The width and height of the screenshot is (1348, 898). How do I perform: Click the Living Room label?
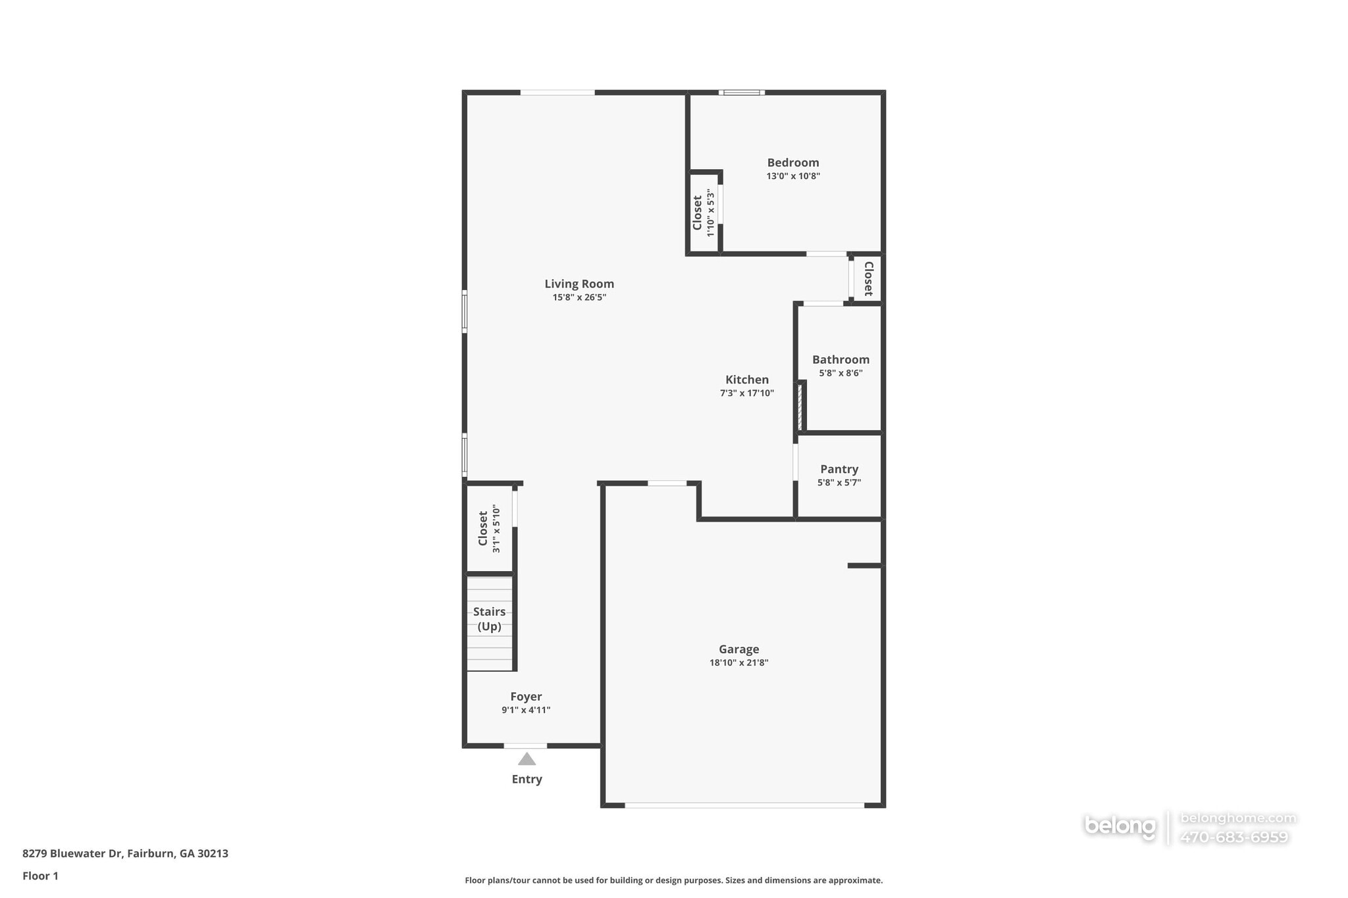(x=579, y=284)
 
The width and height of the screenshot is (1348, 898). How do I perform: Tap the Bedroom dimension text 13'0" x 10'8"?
(x=792, y=176)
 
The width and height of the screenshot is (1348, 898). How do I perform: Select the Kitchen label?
(x=746, y=380)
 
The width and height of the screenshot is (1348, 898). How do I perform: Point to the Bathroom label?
(x=840, y=359)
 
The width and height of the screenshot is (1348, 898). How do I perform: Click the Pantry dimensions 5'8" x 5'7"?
(x=839, y=482)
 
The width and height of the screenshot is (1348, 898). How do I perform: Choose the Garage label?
(x=739, y=649)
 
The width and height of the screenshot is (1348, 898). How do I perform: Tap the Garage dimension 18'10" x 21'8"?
(x=739, y=662)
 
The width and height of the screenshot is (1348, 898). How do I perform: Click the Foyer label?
(x=526, y=696)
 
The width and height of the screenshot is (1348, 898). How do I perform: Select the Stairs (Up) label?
(x=489, y=618)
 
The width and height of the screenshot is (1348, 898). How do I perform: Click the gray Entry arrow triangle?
(x=527, y=760)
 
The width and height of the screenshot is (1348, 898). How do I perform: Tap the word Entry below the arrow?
(x=527, y=779)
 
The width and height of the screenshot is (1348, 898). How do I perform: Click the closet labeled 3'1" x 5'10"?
(x=488, y=529)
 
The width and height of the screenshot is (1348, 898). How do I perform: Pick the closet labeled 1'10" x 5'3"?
(x=702, y=212)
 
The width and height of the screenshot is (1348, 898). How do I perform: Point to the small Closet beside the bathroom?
(x=868, y=278)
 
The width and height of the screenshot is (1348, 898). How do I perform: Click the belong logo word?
(x=1120, y=826)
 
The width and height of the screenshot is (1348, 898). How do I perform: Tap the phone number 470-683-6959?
(x=1233, y=837)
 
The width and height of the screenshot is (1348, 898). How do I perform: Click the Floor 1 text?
(x=40, y=876)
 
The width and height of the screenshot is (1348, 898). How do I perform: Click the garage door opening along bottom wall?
(x=744, y=805)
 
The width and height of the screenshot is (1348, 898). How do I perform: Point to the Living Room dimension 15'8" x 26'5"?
(x=579, y=297)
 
